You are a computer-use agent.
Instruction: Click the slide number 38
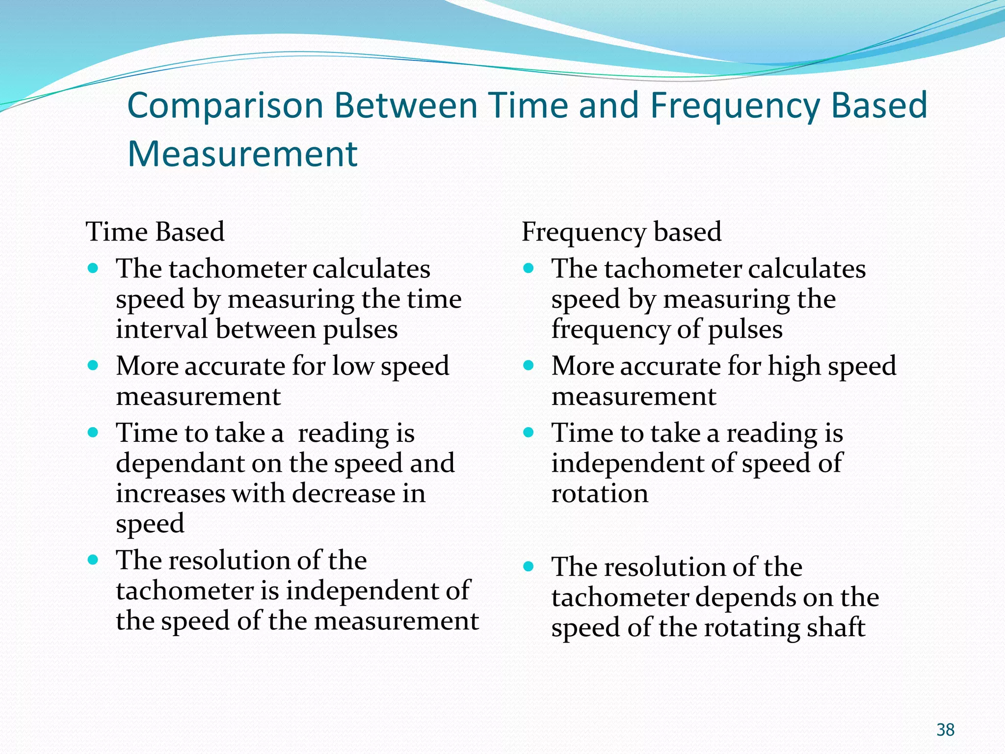coord(945,730)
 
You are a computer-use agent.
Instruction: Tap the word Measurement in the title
coord(242,154)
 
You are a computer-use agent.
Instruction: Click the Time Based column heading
coord(155,232)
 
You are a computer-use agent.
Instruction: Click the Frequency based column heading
coord(621,232)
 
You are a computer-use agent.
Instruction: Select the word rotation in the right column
coord(600,493)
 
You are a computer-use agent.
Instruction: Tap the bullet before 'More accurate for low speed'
coord(93,366)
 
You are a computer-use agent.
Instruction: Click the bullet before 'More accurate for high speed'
coord(528,366)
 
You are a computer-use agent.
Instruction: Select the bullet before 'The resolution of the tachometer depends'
coord(528,567)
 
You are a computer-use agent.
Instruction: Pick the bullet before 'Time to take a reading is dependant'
coord(93,432)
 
